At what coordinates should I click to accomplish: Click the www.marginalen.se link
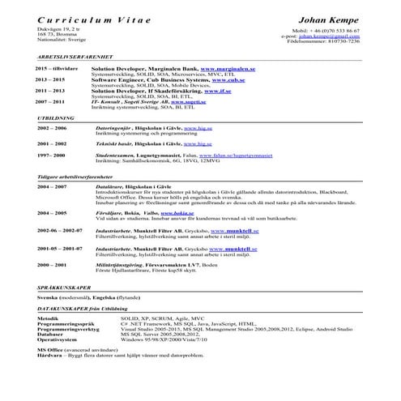click(x=224, y=70)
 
